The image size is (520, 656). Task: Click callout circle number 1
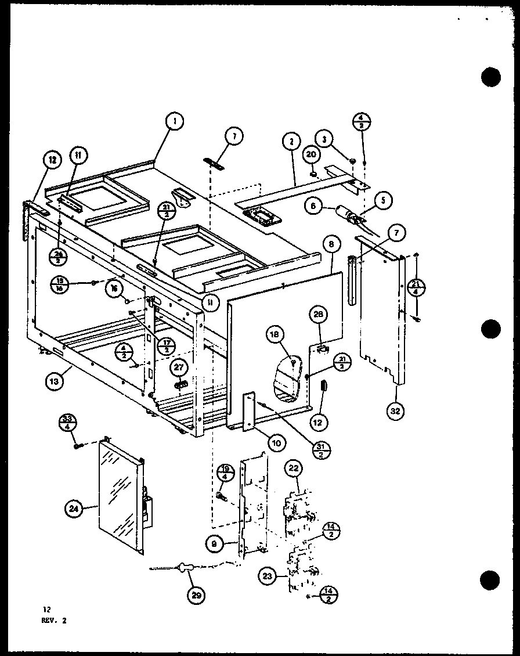(174, 121)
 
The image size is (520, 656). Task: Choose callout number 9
(215, 544)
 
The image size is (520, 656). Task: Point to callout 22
(293, 468)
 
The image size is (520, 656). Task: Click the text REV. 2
(55, 620)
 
